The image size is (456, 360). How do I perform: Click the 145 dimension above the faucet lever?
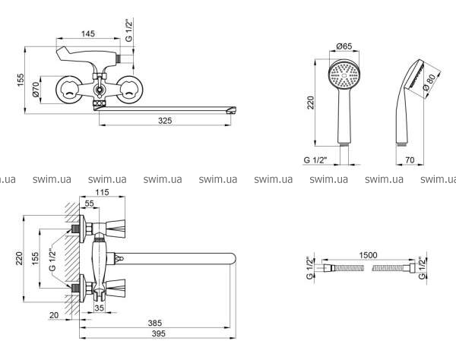tap(88, 34)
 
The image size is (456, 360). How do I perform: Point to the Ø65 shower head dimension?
tap(344, 46)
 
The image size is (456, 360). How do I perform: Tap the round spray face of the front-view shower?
tap(344, 76)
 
